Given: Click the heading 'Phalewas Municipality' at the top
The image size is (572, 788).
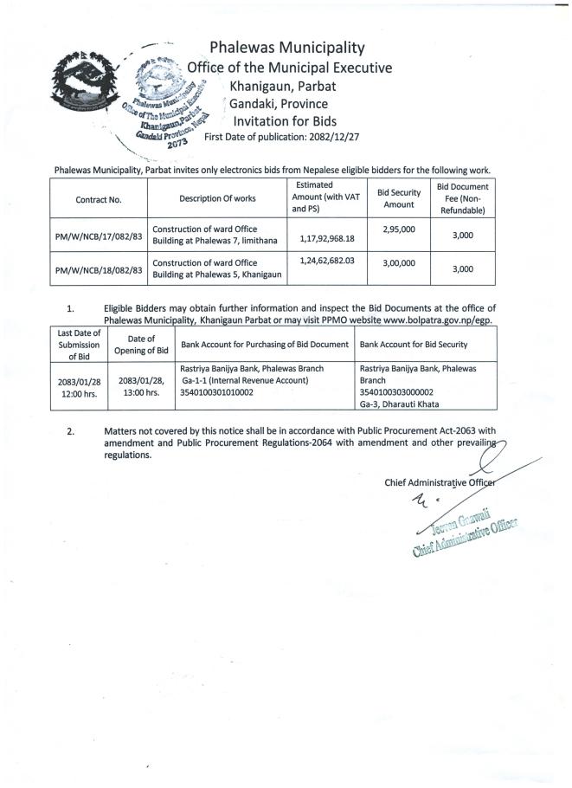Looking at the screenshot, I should (x=286, y=48).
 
